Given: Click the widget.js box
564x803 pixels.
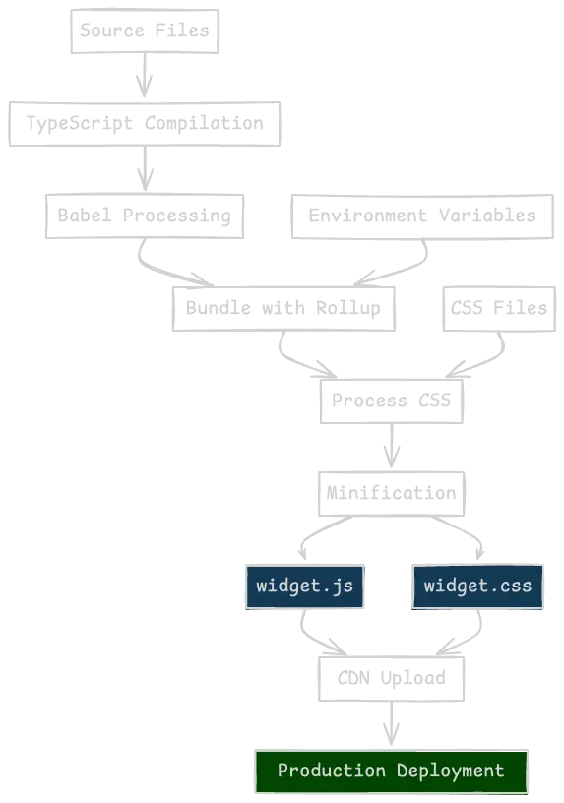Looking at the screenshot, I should coord(304,586).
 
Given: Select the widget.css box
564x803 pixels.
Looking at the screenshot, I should coord(477,586).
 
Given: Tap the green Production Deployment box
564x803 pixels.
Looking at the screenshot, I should coord(392,771).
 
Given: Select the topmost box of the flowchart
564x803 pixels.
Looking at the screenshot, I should coord(142,30).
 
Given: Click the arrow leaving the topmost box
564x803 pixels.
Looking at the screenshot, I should coord(145,76).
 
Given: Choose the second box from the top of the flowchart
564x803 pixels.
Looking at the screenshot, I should coord(145,122).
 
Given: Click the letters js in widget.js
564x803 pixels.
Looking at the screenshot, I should coord(342,586).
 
